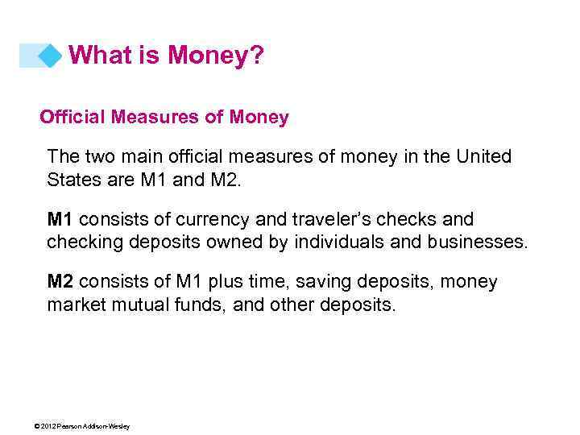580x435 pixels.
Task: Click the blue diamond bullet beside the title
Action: click(x=51, y=56)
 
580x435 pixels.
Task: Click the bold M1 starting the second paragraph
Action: click(x=60, y=219)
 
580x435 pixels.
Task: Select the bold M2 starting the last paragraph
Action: click(x=60, y=282)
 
